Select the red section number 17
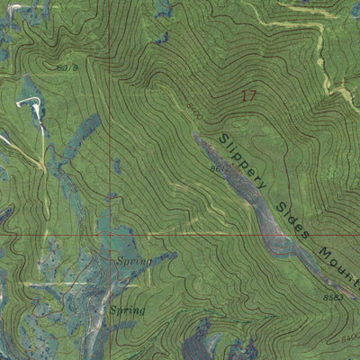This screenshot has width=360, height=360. [x=249, y=94]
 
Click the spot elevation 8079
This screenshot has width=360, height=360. [x=67, y=67]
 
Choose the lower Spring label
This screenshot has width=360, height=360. [x=127, y=310]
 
